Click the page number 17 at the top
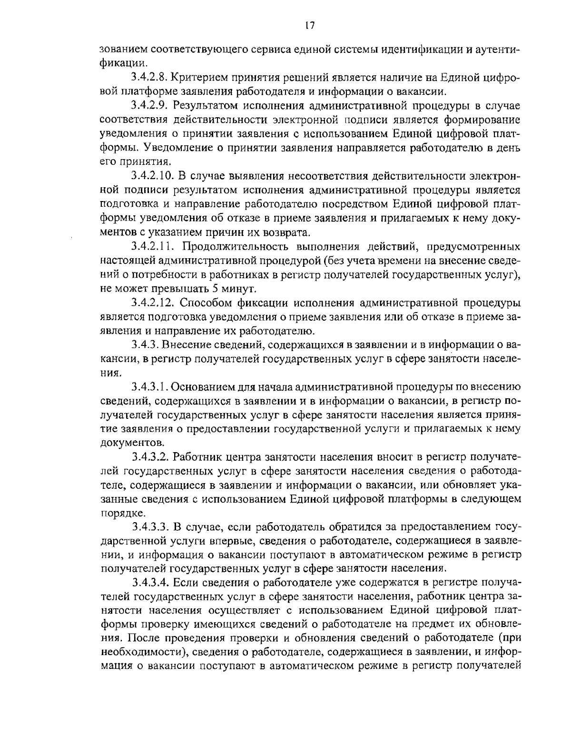[309, 26]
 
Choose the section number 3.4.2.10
[152, 176]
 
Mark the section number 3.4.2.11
[152, 247]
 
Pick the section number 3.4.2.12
[152, 303]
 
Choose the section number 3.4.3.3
[149, 527]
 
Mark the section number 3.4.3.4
[149, 583]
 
